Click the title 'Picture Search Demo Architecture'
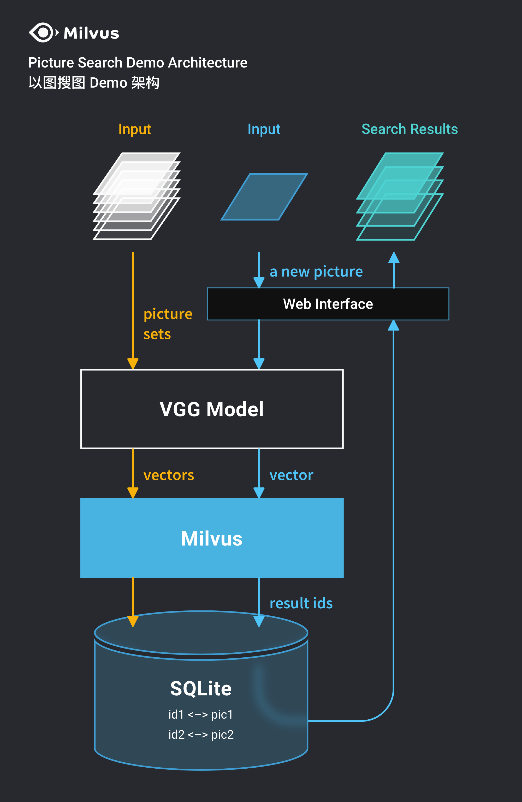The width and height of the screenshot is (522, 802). pyautogui.click(x=138, y=63)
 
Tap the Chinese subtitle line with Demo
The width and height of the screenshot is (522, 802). pyautogui.click(x=94, y=83)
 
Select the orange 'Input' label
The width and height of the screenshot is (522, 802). pyautogui.click(x=135, y=129)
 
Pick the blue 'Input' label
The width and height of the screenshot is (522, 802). pyautogui.click(x=264, y=129)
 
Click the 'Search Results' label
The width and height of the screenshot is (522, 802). pyautogui.click(x=409, y=129)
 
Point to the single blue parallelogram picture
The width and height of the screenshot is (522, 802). pyautogui.click(x=264, y=197)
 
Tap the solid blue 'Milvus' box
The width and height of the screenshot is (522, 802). pyautogui.click(x=212, y=538)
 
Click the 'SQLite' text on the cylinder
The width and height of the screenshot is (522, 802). pyautogui.click(x=201, y=688)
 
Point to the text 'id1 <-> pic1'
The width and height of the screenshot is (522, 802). pyautogui.click(x=201, y=714)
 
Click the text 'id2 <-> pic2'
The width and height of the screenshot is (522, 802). pyautogui.click(x=201, y=734)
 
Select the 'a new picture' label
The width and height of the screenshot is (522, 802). pyautogui.click(x=316, y=272)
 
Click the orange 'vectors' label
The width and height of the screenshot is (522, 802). pyautogui.click(x=169, y=475)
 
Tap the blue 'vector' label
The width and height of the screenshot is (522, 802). pyautogui.click(x=291, y=475)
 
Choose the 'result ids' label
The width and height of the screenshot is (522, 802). pyautogui.click(x=301, y=603)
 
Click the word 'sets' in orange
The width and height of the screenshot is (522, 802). pyautogui.click(x=157, y=334)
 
